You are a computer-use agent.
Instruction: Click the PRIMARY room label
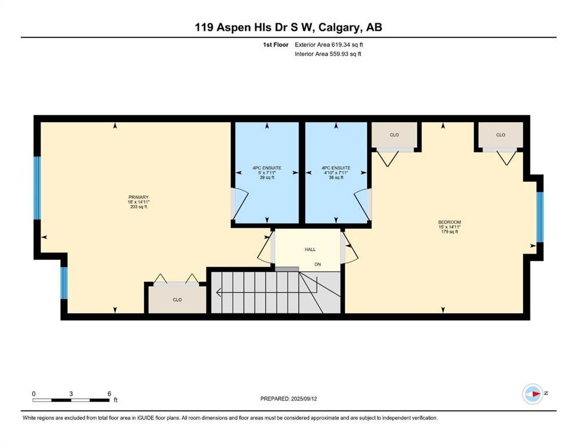point(138,197)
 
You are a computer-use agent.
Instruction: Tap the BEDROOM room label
point(449,222)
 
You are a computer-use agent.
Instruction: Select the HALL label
point(310,250)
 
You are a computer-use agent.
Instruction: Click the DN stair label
point(318,264)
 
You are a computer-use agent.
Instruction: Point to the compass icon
point(533,393)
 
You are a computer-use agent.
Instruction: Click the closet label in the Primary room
point(177,300)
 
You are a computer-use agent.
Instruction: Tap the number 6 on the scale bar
point(109,393)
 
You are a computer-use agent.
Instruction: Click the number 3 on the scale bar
point(71,393)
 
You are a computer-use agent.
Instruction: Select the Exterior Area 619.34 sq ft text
point(329,45)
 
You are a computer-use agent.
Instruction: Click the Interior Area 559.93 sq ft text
point(328,54)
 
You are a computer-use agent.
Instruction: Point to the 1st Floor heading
point(275,45)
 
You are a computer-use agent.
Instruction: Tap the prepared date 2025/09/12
point(304,399)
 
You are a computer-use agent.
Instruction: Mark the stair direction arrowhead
point(218,293)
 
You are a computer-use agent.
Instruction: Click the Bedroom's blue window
point(540,217)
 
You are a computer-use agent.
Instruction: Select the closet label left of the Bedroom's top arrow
point(394,135)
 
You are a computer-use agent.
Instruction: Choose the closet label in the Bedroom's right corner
point(500,135)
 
